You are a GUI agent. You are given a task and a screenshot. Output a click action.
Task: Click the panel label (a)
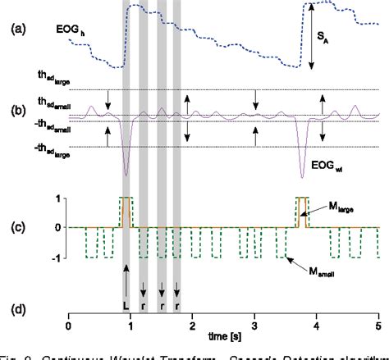16,30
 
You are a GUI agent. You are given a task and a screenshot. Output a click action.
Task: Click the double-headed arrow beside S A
312,35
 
